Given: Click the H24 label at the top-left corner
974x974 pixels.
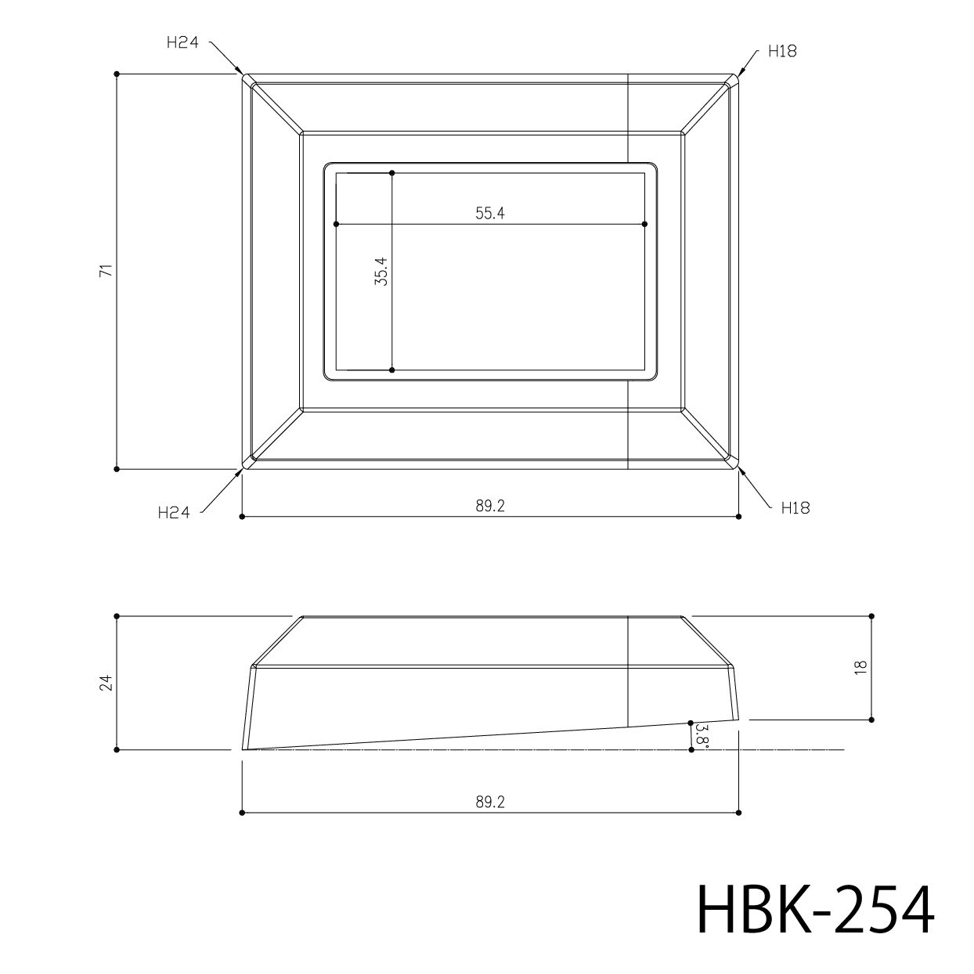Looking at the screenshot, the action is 182,42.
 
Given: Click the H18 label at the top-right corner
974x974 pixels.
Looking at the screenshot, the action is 782,51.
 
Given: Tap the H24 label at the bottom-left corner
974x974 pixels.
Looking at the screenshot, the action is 173,513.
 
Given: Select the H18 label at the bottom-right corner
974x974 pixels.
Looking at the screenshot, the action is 795,508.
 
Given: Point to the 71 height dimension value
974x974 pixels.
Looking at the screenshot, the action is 106,270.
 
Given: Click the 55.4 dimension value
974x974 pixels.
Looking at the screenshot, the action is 490,213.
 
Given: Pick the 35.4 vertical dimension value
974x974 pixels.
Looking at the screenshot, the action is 381,272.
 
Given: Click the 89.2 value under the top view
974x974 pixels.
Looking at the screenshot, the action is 490,506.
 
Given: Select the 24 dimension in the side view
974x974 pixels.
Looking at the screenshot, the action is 106,683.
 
